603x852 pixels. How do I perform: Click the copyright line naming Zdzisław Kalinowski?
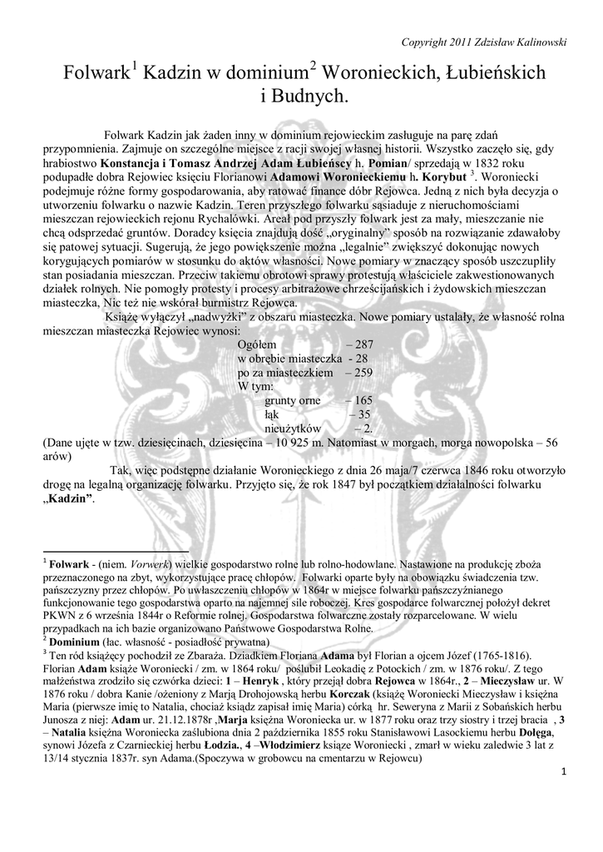483,42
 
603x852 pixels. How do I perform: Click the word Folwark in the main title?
93,74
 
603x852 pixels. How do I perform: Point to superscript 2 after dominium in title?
313,66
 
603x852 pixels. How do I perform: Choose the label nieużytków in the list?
293,428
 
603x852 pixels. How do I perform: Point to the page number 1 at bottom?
563,774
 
